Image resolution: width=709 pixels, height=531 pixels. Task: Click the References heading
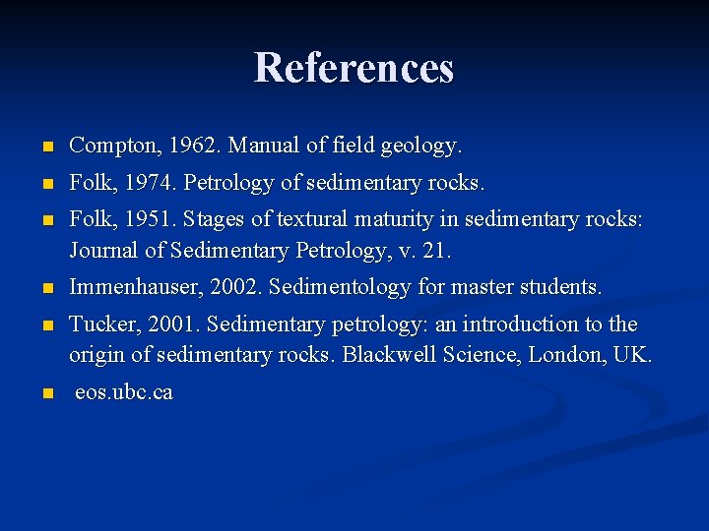click(354, 68)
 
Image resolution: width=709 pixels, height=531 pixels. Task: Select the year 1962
click(195, 147)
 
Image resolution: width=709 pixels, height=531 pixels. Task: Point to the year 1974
click(152, 183)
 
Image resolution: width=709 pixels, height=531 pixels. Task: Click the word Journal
click(103, 251)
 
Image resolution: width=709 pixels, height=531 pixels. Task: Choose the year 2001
click(166, 324)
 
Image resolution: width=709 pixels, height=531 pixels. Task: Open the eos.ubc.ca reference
click(124, 392)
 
